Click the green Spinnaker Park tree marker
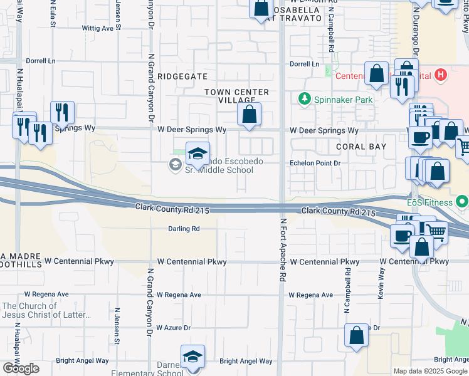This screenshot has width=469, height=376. [305, 99]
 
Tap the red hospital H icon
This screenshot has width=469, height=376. [441, 75]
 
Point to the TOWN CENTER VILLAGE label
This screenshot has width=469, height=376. [238, 96]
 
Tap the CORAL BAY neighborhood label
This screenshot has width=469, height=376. [352, 147]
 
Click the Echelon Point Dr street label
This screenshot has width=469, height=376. [314, 163]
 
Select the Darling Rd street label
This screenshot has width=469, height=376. [183, 229]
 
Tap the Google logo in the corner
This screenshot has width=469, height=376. [21, 368]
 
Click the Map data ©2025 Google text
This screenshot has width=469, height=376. [430, 371]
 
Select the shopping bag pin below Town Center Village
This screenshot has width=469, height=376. [250, 115]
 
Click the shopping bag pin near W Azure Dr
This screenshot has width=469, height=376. [356, 336]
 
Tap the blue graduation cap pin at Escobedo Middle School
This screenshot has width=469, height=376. [197, 154]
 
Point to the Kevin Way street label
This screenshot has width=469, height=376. [381, 283]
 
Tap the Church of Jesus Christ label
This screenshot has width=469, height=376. [29, 310]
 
